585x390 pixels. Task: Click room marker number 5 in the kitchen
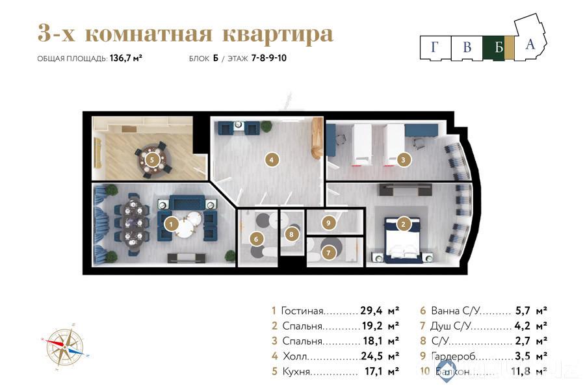click(x=151, y=159)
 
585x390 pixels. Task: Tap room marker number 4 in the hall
click(x=272, y=158)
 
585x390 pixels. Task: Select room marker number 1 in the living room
click(x=171, y=224)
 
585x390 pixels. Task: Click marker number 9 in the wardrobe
click(x=330, y=223)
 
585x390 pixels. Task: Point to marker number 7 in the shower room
click(x=330, y=252)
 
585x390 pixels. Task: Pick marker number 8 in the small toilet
click(x=292, y=234)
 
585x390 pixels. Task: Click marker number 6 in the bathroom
click(x=256, y=239)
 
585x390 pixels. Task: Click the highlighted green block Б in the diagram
click(x=499, y=47)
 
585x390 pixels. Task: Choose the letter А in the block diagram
click(x=530, y=44)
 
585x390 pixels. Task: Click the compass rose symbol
click(x=65, y=344)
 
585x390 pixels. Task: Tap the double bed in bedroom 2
click(x=404, y=241)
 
